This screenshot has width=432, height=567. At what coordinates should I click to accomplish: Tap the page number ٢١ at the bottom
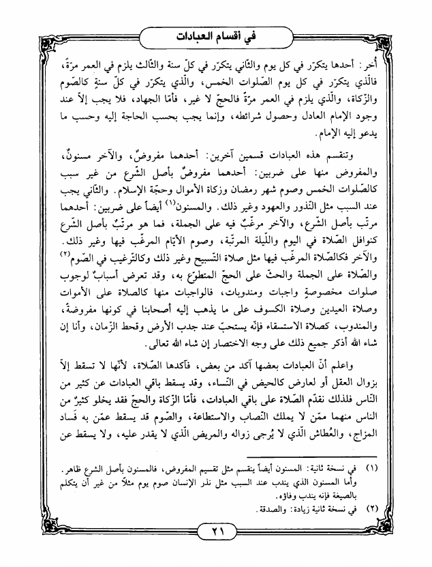(x=215, y=532)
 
